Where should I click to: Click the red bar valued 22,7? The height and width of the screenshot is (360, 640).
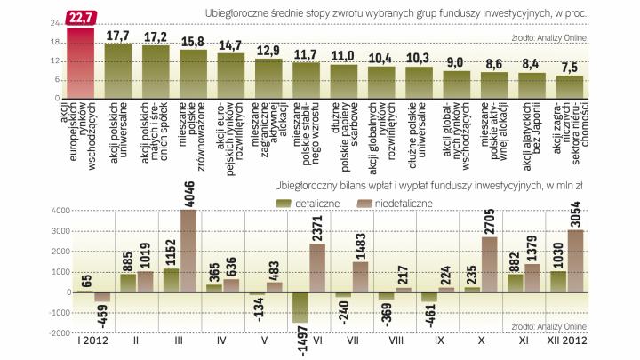tap(79, 62)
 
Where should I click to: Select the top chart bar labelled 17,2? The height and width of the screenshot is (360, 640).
tap(155, 71)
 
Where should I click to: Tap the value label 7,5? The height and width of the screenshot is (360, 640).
tap(570, 66)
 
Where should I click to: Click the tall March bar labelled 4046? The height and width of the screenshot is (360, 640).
tap(188, 251)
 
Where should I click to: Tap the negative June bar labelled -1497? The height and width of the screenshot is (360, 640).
tap(300, 307)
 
